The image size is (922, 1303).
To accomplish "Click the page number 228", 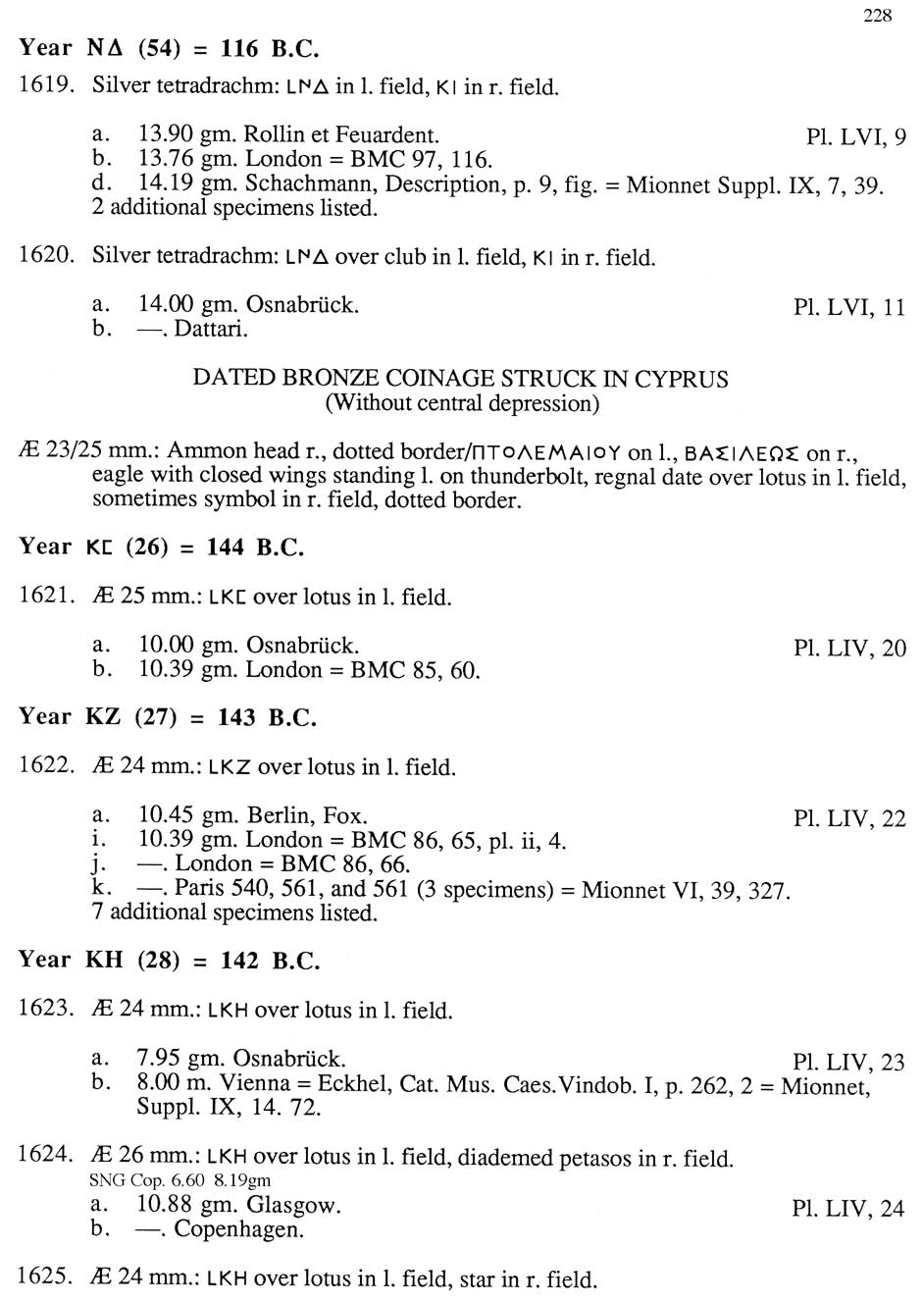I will pyautogui.click(x=877, y=15).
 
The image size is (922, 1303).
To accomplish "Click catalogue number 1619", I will pyautogui.click(x=45, y=85).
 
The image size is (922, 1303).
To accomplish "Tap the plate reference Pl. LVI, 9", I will pyautogui.click(x=855, y=137).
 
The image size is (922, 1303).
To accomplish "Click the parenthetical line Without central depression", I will pyautogui.click(x=461, y=402).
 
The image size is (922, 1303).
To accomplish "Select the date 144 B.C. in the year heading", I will pyautogui.click(x=255, y=547).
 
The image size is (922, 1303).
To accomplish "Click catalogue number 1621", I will pyautogui.click(x=45, y=597).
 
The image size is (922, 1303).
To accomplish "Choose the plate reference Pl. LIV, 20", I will pyautogui.click(x=849, y=648).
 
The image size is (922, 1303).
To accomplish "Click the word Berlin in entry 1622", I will pyautogui.click(x=278, y=815).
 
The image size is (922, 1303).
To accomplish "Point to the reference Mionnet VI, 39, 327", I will pyautogui.click(x=686, y=890).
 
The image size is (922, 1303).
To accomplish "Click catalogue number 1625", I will pyautogui.click(x=45, y=1277).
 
